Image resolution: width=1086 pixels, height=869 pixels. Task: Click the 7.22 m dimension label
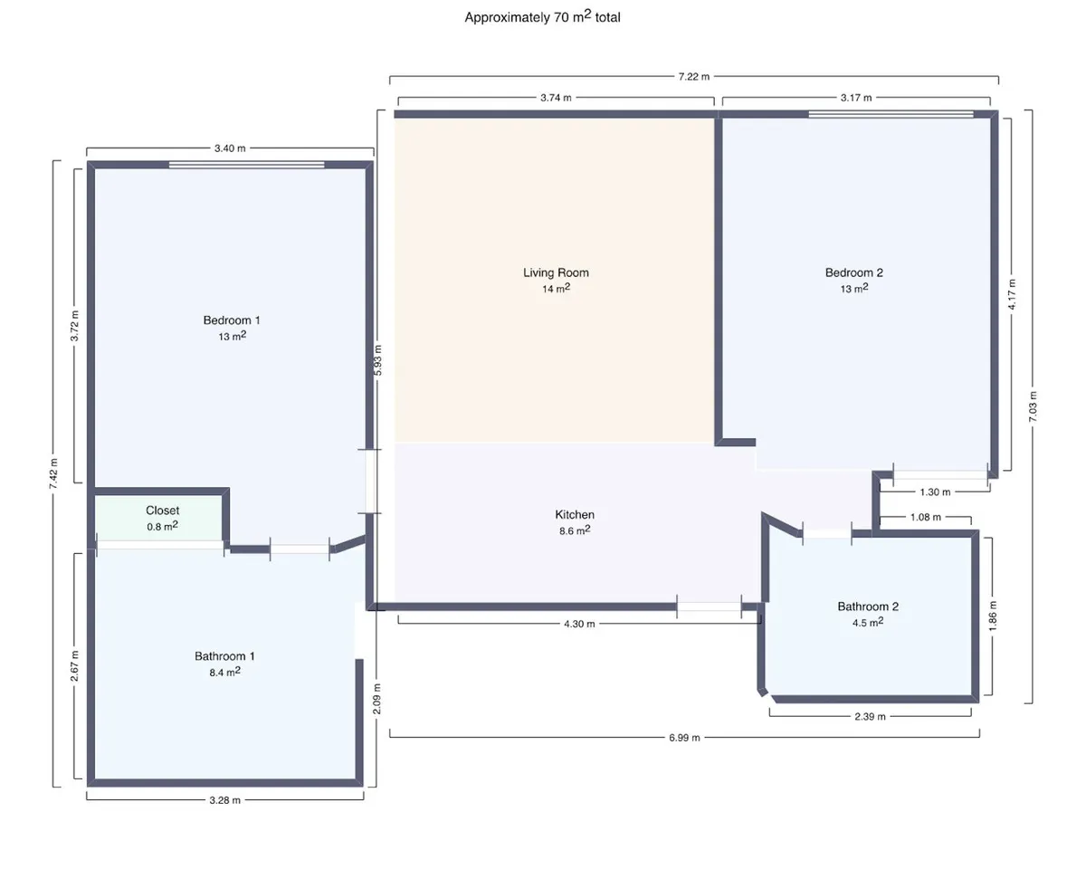694,77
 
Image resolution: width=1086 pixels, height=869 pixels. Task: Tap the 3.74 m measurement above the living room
556,98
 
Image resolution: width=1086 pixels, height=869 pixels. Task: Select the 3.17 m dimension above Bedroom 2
856,98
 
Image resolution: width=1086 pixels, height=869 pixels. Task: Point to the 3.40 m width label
230,148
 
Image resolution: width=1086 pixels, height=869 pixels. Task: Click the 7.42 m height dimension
53,473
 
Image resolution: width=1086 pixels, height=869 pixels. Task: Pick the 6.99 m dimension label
684,738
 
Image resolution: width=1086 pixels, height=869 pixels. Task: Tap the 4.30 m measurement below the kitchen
579,624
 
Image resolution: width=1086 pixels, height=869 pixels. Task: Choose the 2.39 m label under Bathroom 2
870,717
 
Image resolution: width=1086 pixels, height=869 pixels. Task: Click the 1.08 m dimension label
926,517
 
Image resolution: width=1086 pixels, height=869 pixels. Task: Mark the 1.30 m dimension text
935,492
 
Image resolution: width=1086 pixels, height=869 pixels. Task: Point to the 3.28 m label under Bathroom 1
225,800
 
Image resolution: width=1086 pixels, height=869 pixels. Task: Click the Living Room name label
556,272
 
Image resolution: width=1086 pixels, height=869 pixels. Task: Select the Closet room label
163,511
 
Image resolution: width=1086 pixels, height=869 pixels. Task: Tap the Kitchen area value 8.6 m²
575,530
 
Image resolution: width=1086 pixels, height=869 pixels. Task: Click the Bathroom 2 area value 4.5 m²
868,622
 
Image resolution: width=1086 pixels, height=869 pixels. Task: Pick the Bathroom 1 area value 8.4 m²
225,672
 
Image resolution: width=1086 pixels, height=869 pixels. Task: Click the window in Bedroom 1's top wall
247,165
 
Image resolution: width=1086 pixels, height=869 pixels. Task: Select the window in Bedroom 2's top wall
891,114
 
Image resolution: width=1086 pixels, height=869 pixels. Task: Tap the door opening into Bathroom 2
827,534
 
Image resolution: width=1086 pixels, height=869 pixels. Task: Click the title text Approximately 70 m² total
542,16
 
